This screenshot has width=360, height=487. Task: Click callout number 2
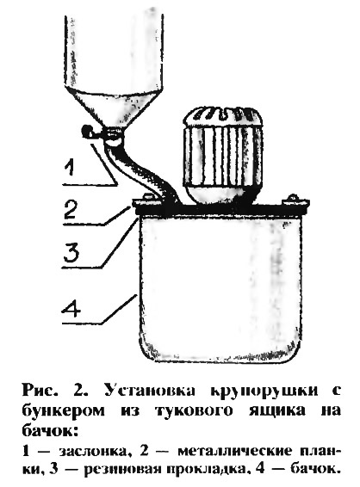[x=71, y=210]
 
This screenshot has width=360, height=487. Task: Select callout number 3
[x=71, y=252]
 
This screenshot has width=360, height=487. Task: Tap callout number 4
[x=71, y=306]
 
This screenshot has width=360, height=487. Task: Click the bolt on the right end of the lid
[x=292, y=198]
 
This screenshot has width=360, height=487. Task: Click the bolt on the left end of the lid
[x=147, y=197]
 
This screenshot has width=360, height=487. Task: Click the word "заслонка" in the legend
[x=93, y=452]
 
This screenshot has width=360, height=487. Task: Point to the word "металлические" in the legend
[x=235, y=451]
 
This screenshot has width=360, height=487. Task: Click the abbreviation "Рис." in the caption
[x=40, y=391]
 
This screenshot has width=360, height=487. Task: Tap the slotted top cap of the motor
[x=222, y=116]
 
